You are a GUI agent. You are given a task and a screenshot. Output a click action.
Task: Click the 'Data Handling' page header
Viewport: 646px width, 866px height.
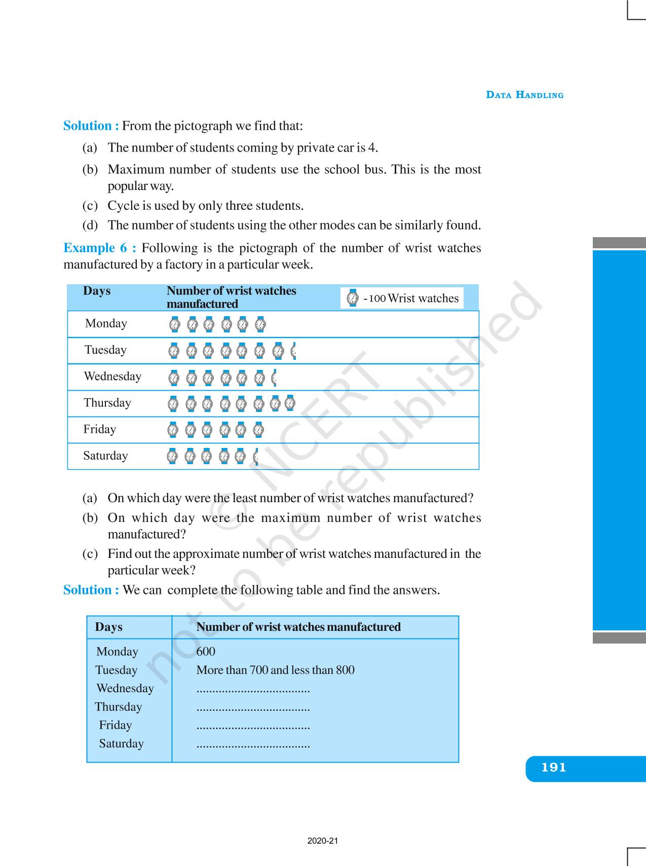click(524, 95)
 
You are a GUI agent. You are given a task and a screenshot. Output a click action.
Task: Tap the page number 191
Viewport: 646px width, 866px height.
click(553, 768)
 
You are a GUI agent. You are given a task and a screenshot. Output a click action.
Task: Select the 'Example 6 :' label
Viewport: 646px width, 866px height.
click(100, 248)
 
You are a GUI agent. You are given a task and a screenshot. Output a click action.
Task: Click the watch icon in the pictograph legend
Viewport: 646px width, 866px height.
click(353, 298)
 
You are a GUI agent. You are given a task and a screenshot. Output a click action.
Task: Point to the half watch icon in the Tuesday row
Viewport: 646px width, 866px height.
click(294, 351)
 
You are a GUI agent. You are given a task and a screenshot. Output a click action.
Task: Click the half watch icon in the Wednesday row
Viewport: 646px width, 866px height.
click(274, 378)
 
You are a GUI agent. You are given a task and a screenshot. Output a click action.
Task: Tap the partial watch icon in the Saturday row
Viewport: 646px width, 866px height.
click(256, 457)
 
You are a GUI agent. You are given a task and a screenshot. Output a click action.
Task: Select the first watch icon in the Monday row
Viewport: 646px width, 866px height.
click(174, 324)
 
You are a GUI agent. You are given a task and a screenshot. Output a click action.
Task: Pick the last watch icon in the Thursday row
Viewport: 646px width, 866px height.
click(290, 402)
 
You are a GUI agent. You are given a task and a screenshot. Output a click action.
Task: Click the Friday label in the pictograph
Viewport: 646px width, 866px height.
click(100, 429)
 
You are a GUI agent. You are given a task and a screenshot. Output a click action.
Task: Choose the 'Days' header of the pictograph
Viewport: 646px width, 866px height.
click(97, 291)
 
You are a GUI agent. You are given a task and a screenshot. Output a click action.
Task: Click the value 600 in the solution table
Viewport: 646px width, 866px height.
click(206, 651)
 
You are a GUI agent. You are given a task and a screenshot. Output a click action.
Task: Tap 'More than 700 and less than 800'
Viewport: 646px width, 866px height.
click(275, 670)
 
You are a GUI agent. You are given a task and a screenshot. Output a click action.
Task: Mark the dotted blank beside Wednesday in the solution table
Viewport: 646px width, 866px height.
click(253, 690)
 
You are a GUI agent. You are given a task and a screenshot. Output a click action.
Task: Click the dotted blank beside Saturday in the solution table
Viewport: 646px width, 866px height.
click(253, 745)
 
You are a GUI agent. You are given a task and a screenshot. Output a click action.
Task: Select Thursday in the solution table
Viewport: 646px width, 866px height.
click(119, 706)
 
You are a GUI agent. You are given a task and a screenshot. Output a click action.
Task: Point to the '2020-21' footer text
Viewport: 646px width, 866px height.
click(322, 841)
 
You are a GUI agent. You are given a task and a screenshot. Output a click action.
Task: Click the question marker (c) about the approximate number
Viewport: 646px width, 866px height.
click(90, 554)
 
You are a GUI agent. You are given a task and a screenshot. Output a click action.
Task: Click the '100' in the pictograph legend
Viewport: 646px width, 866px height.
click(377, 298)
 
